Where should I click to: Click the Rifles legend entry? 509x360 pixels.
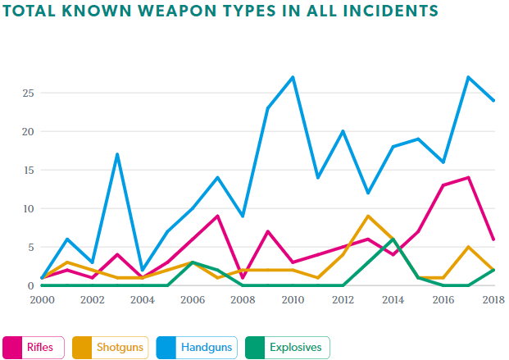tap(34, 347)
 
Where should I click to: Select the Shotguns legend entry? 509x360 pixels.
tap(112, 347)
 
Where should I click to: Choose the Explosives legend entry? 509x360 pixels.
tap(286, 347)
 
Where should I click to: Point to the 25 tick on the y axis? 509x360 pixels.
tap(27, 93)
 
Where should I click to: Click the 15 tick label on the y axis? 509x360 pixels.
tap(27, 170)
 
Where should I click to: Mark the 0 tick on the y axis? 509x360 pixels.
tap(30, 285)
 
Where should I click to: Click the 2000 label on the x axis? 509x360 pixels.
tap(41, 301)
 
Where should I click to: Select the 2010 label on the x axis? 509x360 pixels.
tap(293, 301)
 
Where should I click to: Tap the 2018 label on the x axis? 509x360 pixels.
tap(493, 301)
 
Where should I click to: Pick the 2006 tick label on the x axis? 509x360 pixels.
tap(192, 301)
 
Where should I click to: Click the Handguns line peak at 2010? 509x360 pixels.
tap(293, 77)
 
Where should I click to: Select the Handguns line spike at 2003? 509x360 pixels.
tap(117, 154)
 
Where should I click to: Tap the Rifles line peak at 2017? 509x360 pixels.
tap(469, 177)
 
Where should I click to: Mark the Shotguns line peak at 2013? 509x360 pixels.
tap(368, 216)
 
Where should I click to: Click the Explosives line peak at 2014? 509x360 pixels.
tap(393, 239)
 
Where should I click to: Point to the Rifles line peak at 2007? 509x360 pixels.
tap(217, 216)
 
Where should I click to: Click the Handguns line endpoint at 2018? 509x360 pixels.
tap(493, 100)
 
